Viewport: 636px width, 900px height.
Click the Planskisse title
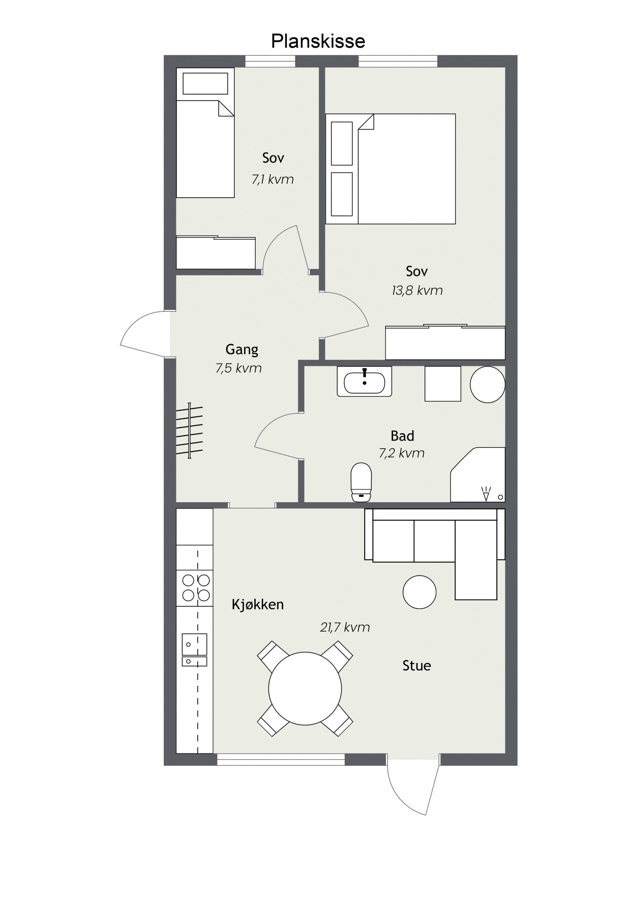point(318,41)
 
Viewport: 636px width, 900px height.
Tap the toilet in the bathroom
point(361,482)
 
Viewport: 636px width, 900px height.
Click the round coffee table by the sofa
point(419,592)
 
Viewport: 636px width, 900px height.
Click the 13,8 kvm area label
point(417,291)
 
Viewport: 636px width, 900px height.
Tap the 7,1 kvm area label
point(273,180)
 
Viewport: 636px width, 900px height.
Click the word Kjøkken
point(258,605)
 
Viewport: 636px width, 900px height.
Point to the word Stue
point(417,665)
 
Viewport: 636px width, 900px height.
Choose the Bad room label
point(402,436)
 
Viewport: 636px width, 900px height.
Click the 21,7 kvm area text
point(345,628)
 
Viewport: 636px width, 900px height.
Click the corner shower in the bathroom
point(478,474)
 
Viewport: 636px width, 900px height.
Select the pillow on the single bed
point(205,84)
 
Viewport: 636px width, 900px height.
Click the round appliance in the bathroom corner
point(487,384)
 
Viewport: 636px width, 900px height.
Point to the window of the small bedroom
point(270,61)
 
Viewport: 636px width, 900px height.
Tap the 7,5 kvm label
point(238,369)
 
